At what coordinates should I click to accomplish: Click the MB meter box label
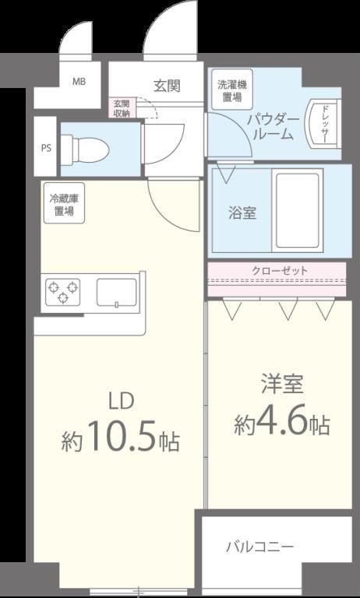pyautogui.click(x=79, y=81)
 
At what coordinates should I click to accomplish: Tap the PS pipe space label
pyautogui.click(x=46, y=148)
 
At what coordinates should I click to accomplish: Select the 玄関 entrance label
pyautogui.click(x=167, y=86)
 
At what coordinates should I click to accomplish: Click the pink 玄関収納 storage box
pyautogui.click(x=121, y=108)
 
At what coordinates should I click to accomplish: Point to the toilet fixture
pyautogui.click(x=86, y=148)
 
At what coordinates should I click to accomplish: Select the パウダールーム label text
pyautogui.click(x=273, y=128)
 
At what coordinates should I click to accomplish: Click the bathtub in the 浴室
pyautogui.click(x=298, y=210)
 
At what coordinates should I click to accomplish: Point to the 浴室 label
pyautogui.click(x=242, y=213)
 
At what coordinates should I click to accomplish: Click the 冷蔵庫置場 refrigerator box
pyautogui.click(x=64, y=203)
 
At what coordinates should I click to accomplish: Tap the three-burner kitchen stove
pyautogui.click(x=63, y=292)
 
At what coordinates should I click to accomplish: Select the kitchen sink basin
pyautogui.click(x=116, y=293)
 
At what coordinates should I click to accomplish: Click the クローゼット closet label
pyautogui.click(x=280, y=271)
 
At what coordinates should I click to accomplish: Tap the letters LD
pyautogui.click(x=122, y=403)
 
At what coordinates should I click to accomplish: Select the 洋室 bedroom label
pyautogui.click(x=282, y=385)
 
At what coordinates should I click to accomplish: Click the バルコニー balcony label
pyautogui.click(x=259, y=547)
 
